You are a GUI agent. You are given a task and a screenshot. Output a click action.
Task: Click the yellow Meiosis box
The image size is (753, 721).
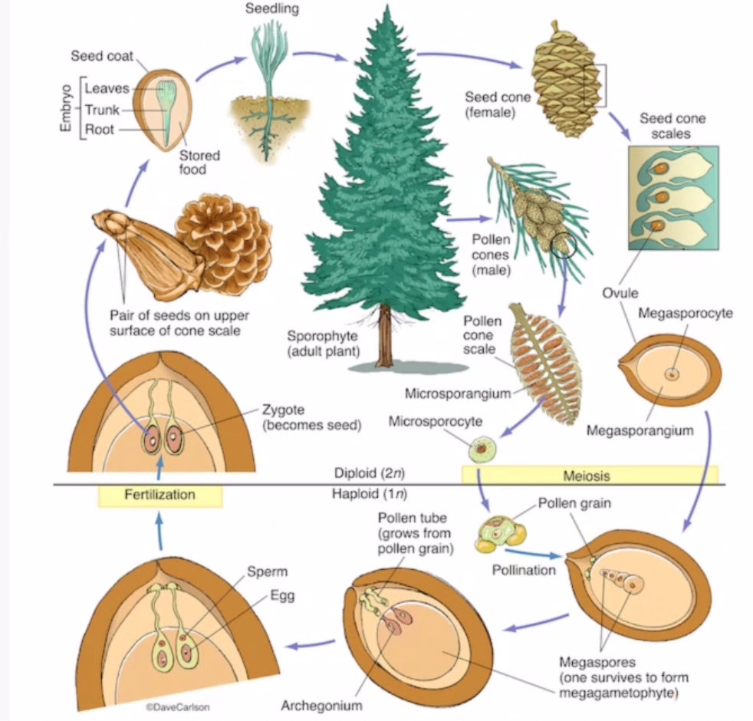click(590, 475)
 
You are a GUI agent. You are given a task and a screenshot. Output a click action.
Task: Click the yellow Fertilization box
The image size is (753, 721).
click(159, 495)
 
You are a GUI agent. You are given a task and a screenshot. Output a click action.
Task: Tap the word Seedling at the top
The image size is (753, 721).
click(271, 9)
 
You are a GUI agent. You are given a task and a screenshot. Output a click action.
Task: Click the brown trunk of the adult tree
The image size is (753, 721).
click(384, 338)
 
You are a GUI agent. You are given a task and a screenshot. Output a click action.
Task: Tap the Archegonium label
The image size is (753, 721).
click(321, 704)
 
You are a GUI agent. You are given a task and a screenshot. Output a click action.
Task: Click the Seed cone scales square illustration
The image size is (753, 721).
click(673, 198)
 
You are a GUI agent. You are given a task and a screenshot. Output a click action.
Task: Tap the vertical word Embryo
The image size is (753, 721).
click(65, 108)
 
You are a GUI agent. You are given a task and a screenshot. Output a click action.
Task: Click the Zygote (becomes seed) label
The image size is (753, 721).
click(311, 417)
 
